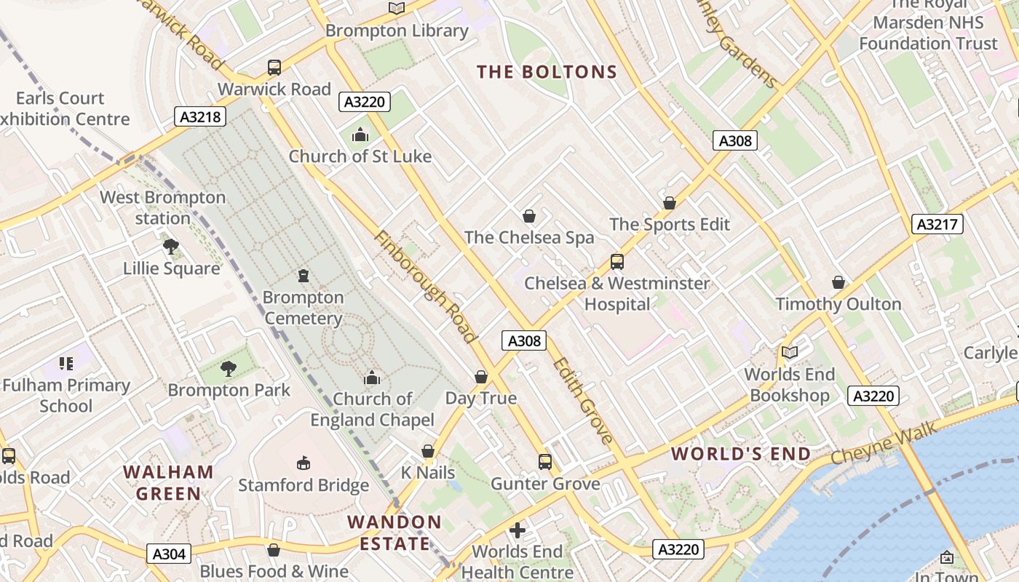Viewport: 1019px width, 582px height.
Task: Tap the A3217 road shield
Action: (937, 224)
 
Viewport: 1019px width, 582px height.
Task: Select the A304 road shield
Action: (169, 554)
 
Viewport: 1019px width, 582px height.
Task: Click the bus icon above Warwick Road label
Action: (274, 68)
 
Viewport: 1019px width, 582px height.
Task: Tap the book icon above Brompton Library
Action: (396, 9)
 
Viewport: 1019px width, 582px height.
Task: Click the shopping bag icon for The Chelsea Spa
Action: (529, 216)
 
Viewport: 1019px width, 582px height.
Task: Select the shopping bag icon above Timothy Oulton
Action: (838, 282)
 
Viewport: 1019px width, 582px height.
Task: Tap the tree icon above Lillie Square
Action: (171, 247)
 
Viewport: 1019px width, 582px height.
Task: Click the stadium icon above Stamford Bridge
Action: (304, 463)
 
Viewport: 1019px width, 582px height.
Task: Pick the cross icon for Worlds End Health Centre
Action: (518, 530)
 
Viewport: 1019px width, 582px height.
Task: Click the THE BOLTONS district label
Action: (547, 72)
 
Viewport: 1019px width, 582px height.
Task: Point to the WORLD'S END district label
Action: (740, 454)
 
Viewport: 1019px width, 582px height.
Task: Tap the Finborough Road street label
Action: (426, 287)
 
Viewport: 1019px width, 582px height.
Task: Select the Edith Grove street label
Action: (582, 400)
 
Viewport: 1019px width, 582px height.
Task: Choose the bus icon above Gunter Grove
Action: (545, 462)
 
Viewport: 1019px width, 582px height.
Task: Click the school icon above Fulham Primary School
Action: (66, 364)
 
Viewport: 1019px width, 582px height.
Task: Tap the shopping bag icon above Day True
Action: (480, 377)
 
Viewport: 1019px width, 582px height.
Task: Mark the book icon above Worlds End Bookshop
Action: (790, 353)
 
